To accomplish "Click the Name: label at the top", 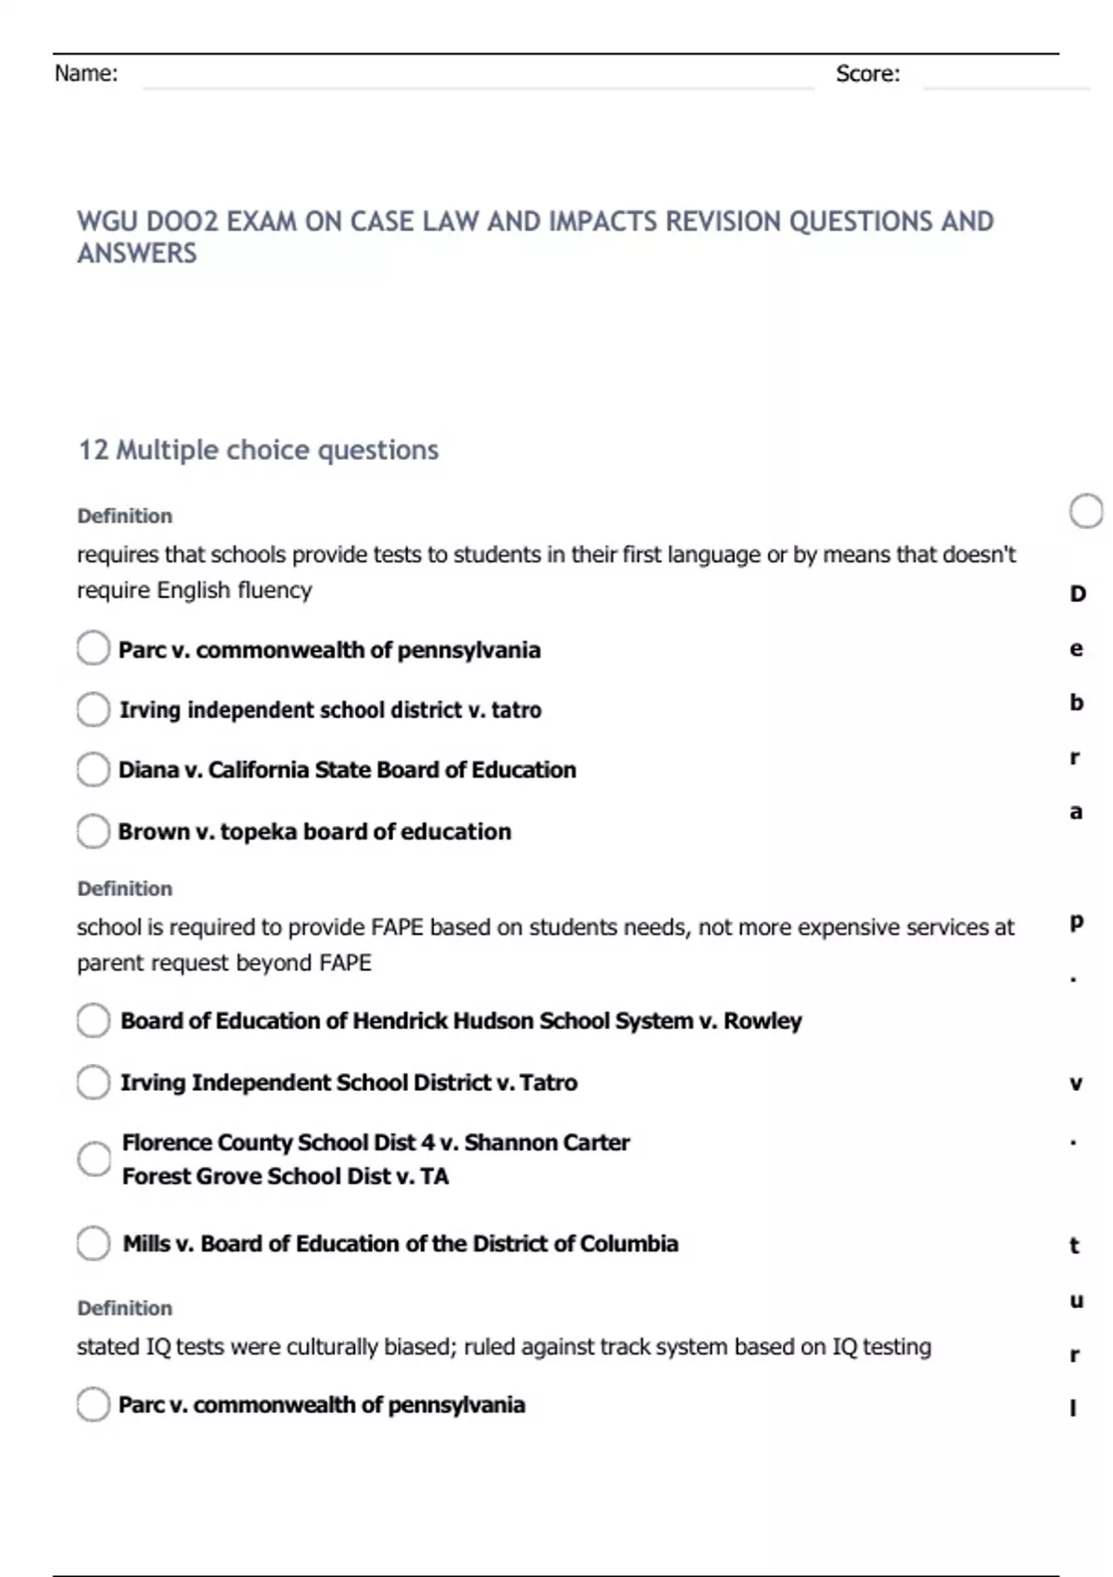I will coord(85,74).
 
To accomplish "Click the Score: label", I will coord(867,74).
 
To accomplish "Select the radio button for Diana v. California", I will coord(93,770).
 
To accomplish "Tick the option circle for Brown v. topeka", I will coord(93,831).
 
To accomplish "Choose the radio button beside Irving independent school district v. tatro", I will coord(93,710).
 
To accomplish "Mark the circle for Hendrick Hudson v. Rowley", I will coord(93,1020).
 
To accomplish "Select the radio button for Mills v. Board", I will coord(93,1243).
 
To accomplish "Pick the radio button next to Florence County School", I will coord(93,1159).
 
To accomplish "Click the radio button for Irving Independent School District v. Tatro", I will coord(93,1082).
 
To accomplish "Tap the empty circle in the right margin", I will coord(1085,511).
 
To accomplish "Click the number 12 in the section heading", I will coord(93,450).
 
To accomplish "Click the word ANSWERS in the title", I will coord(136,253).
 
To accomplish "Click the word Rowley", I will coord(762,1020).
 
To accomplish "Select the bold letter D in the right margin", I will coord(1077,594).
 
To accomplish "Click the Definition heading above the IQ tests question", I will coord(124,1308).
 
